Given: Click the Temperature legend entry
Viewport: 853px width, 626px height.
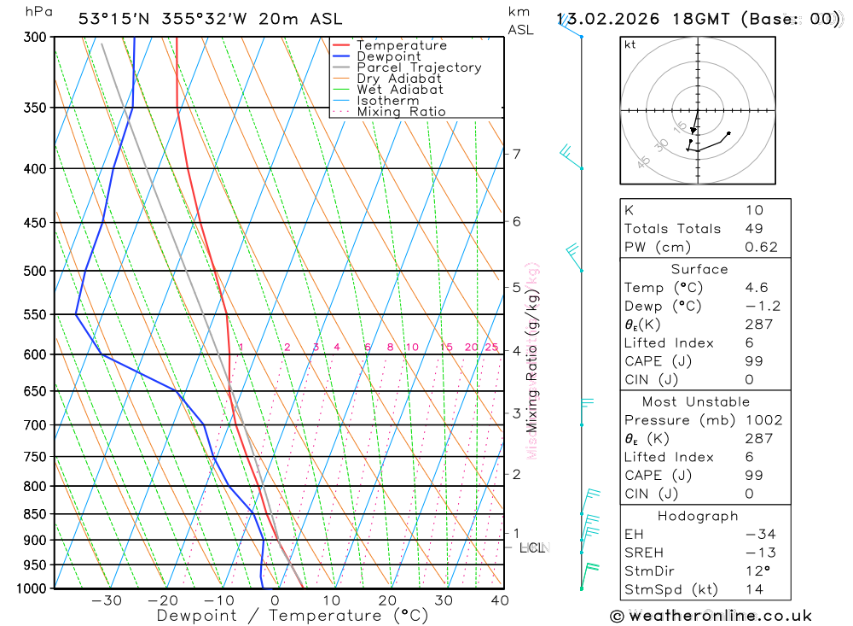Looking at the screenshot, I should pyautogui.click(x=401, y=45).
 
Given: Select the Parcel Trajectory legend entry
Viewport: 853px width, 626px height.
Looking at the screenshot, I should pyautogui.click(x=418, y=67).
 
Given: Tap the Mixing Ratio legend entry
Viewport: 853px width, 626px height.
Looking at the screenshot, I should pyautogui.click(x=401, y=112).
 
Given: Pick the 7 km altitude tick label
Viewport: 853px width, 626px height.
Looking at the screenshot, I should pyautogui.click(x=516, y=154).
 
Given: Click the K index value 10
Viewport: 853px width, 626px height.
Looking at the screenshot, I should pyautogui.click(x=754, y=210).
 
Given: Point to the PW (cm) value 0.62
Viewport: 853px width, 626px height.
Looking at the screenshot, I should pyautogui.click(x=761, y=248).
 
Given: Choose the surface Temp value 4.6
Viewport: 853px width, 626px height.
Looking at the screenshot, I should pyautogui.click(x=756, y=288).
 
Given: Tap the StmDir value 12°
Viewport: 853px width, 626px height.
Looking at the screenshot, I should pyautogui.click(x=755, y=571).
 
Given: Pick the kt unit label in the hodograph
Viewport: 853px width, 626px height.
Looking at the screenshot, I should pyautogui.click(x=630, y=44).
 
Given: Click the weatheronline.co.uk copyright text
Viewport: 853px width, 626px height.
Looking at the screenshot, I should pyautogui.click(x=711, y=616).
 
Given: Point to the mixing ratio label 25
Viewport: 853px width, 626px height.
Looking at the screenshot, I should pyautogui.click(x=491, y=347).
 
